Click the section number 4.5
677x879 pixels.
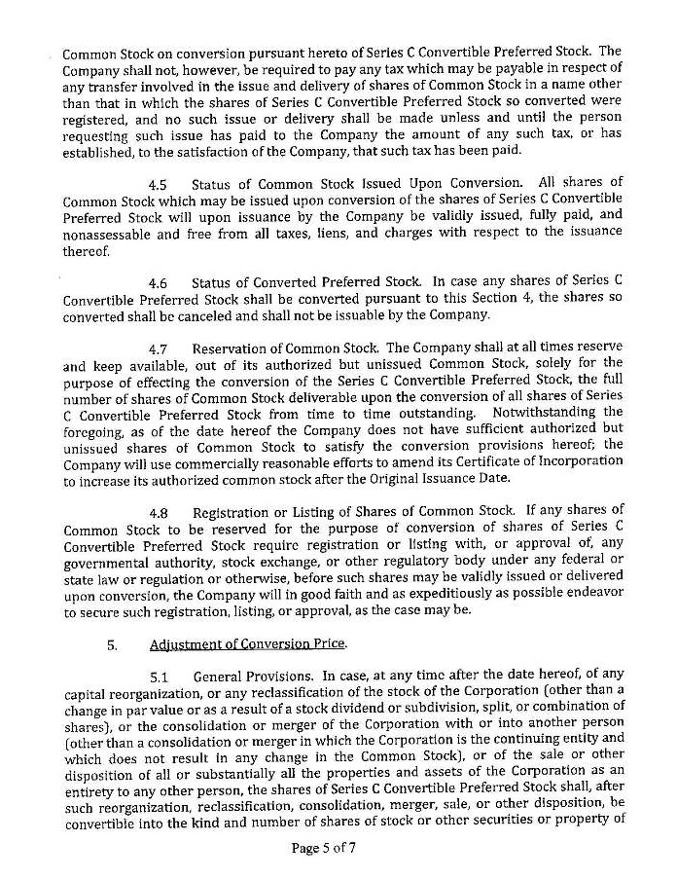tap(158, 184)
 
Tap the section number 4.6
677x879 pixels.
tap(158, 283)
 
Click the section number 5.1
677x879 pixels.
tap(160, 677)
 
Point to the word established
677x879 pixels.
tap(102, 151)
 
